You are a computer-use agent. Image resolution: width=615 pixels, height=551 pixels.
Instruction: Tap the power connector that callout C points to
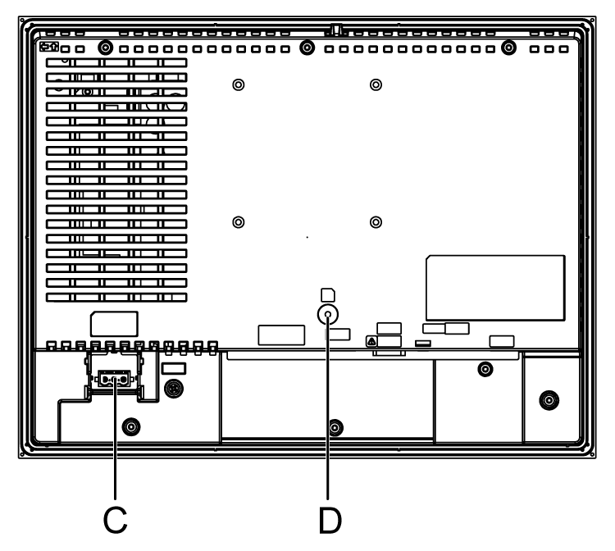coord(115,380)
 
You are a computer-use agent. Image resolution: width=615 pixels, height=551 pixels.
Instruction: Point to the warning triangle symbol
coord(371,339)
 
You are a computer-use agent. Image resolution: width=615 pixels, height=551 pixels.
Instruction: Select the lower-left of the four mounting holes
coord(238,221)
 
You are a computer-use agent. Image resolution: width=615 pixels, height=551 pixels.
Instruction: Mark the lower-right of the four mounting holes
coord(376,221)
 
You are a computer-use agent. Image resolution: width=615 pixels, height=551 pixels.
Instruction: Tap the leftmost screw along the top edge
coord(106,48)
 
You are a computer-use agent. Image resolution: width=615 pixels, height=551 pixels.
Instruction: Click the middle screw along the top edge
coord(307,48)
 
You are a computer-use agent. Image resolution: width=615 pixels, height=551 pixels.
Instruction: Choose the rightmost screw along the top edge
coord(508,48)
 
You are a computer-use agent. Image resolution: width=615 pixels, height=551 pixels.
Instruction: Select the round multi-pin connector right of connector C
coord(173,387)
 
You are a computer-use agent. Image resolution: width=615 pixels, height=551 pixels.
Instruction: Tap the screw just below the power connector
coord(130,426)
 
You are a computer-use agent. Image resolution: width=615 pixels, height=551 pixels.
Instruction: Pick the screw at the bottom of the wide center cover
coord(335,427)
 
